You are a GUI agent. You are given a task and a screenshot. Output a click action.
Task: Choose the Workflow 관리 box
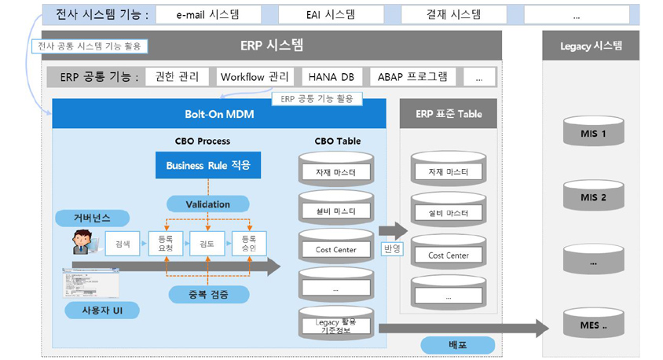255,76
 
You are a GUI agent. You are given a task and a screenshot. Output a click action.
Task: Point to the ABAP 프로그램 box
412,76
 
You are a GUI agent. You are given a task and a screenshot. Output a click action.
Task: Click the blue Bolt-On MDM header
219,114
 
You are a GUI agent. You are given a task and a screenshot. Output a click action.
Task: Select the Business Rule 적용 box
207,166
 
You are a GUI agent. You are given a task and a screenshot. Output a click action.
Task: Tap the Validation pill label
207,204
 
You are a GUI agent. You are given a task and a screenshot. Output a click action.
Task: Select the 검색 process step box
123,244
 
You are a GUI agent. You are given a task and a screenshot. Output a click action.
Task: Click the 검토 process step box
207,244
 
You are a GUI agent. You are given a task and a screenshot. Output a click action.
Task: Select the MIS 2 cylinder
593,196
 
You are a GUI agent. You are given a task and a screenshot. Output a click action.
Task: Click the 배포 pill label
457,344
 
